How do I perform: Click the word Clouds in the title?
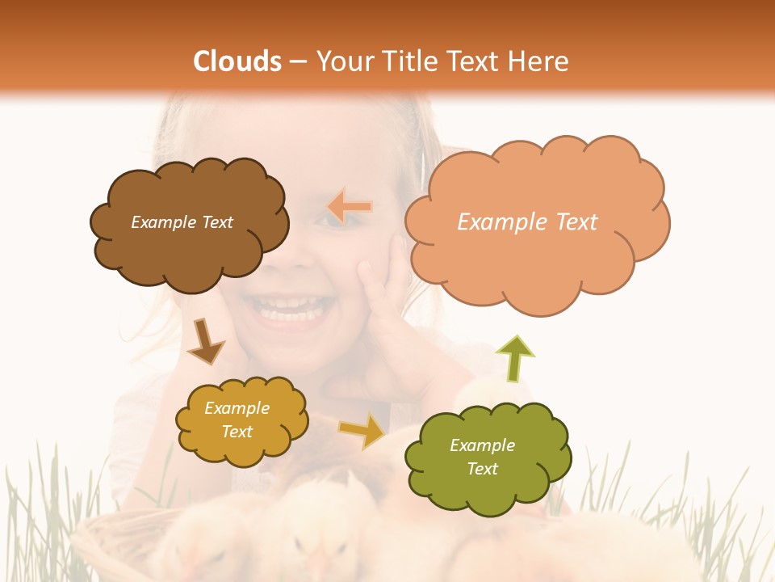click(x=237, y=61)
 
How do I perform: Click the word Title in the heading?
click(x=408, y=61)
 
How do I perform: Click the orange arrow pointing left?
click(x=350, y=206)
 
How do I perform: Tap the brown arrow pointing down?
click(x=205, y=341)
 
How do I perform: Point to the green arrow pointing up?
click(x=515, y=358)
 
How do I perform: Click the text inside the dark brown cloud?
click(x=182, y=222)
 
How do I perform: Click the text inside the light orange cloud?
click(x=527, y=222)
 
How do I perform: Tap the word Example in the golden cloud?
click(x=237, y=408)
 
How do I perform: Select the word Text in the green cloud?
click(x=482, y=469)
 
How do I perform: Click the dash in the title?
click(x=297, y=62)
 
